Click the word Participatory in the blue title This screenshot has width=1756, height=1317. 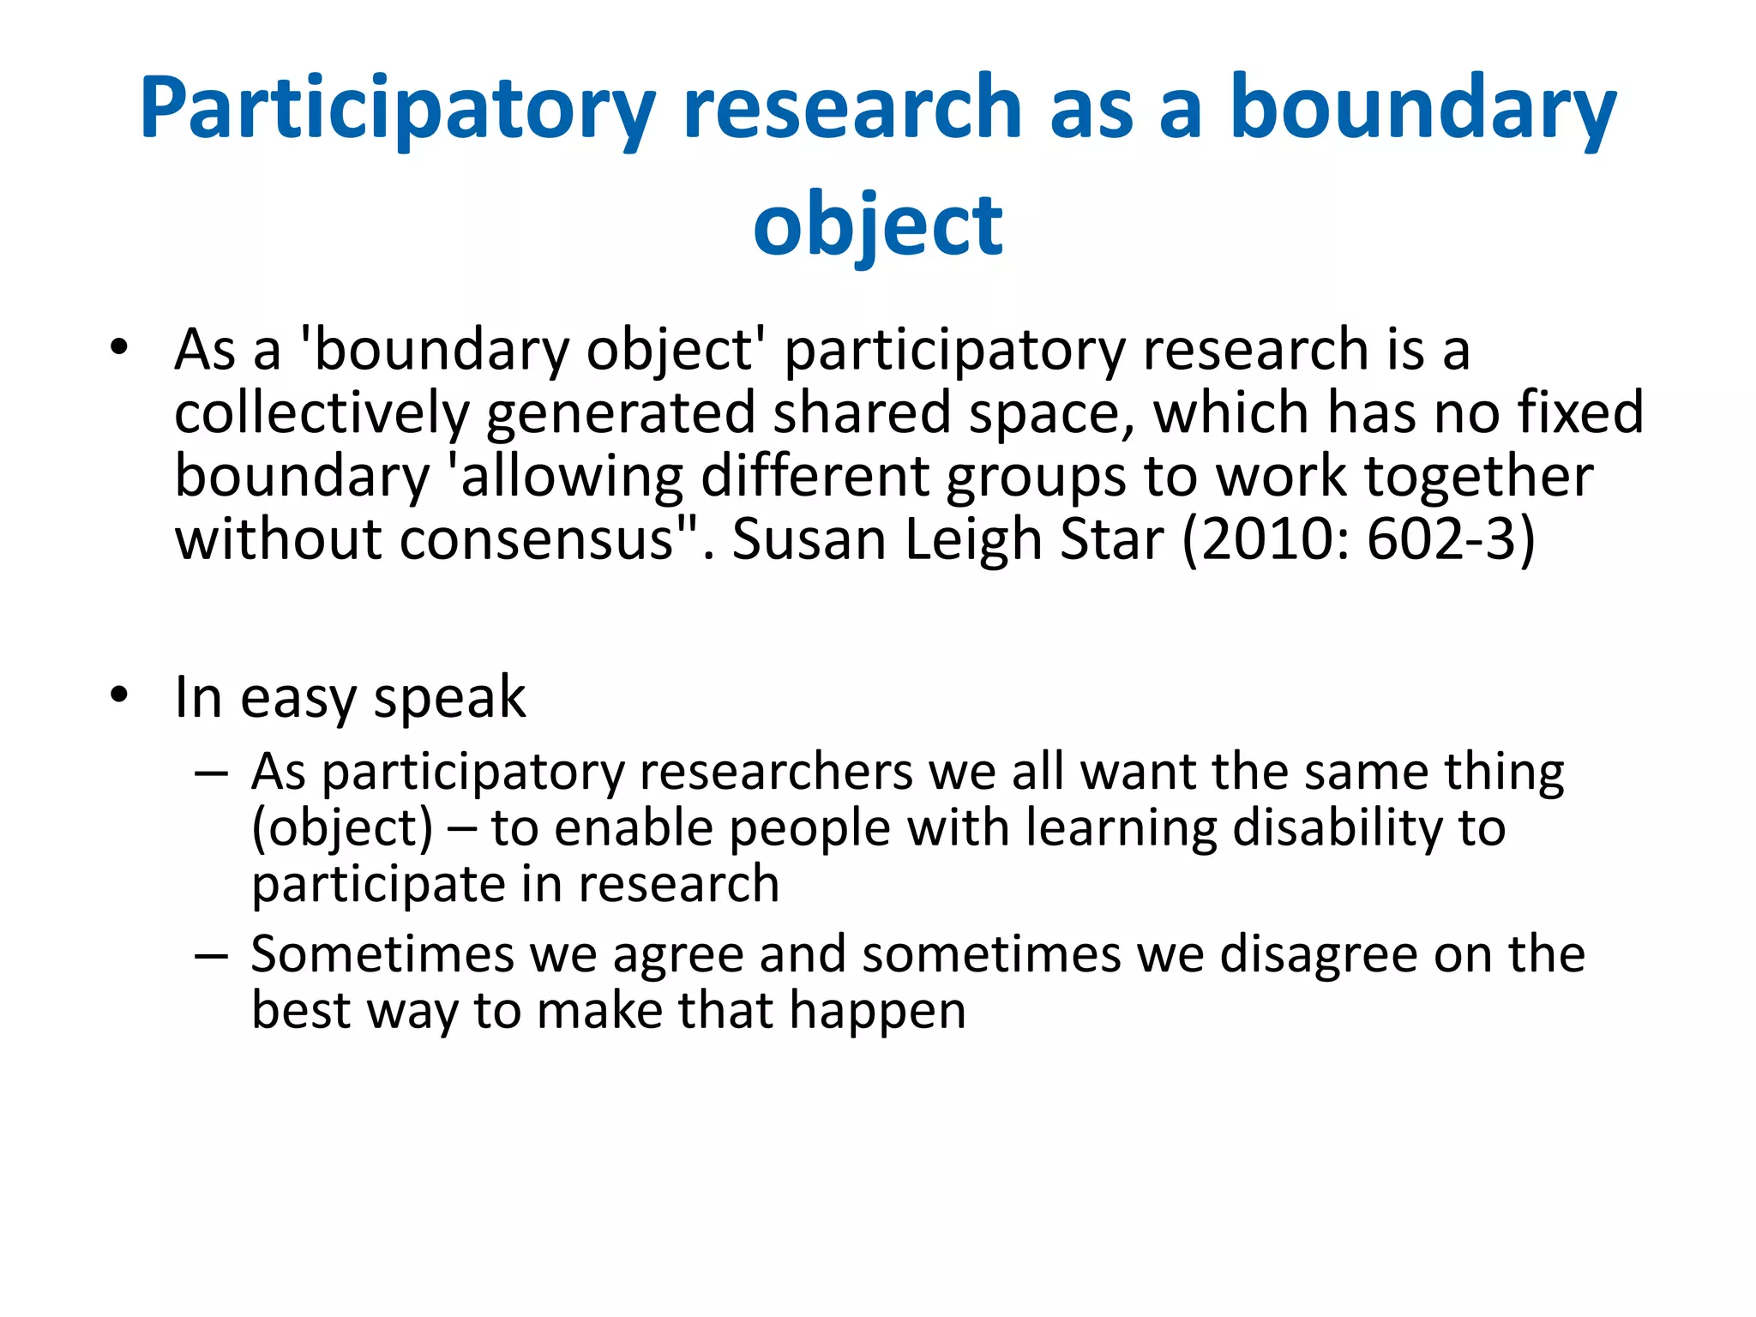(x=397, y=109)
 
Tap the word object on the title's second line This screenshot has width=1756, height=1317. (x=877, y=226)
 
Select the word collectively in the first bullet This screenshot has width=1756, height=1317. (x=322, y=413)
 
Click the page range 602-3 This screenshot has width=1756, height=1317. (x=1441, y=540)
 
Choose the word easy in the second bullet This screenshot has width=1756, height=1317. (x=298, y=698)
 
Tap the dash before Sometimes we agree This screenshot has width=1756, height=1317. (x=211, y=954)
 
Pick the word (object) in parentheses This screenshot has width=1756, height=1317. (x=342, y=828)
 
